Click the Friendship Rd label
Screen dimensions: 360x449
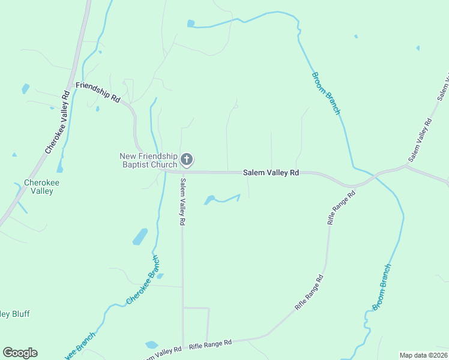(x=98, y=91)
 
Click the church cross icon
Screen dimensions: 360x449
(x=187, y=159)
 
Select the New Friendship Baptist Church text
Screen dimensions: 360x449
(x=148, y=160)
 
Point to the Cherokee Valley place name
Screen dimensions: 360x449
(x=38, y=187)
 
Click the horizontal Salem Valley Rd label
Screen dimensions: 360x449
(x=271, y=173)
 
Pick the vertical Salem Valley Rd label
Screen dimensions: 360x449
(x=182, y=201)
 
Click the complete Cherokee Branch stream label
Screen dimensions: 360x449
(x=143, y=280)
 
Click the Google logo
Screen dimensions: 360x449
(x=20, y=353)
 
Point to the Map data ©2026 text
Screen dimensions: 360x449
(x=423, y=355)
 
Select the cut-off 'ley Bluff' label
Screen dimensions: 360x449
(x=14, y=314)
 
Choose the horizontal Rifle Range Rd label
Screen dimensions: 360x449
(x=210, y=344)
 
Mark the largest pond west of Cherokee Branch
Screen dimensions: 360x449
(x=139, y=236)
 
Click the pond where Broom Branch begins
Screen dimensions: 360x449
(x=191, y=23)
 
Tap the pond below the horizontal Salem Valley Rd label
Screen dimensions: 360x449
(x=209, y=199)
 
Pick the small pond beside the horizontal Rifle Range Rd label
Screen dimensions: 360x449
(x=151, y=345)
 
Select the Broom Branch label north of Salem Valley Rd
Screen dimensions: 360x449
(x=326, y=93)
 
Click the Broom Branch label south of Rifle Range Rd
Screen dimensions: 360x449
(x=381, y=287)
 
